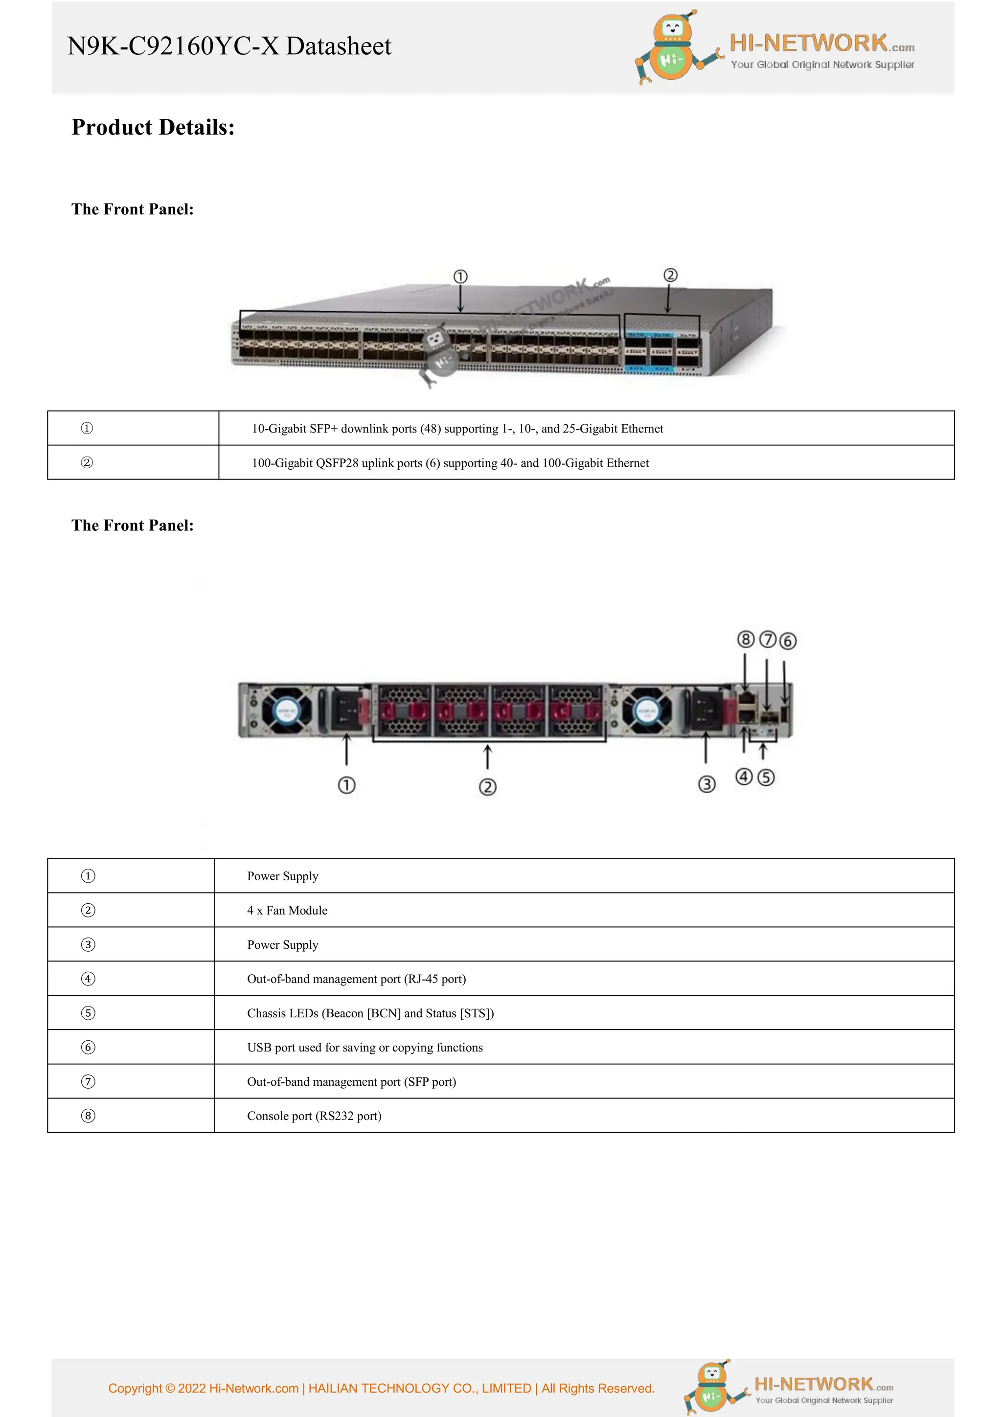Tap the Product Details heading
153,127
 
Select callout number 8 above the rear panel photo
745,640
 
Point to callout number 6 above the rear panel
788,641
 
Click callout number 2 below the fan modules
487,787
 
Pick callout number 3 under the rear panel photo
706,784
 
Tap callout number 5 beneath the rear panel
766,777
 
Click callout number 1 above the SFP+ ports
460,276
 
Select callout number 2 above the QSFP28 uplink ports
671,275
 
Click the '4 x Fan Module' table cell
287,910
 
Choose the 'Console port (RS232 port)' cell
314,1116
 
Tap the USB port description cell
364,1047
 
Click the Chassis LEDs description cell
370,1013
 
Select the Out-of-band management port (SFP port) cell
352,1082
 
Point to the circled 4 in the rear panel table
88,979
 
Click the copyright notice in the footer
381,1388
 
